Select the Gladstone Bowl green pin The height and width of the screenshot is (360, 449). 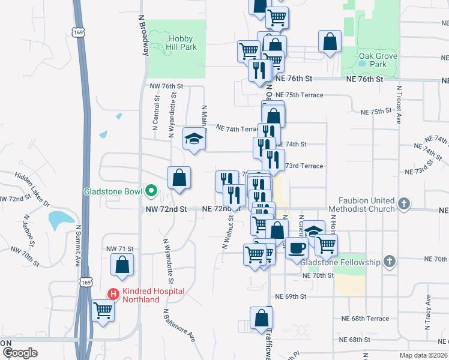[x=151, y=192]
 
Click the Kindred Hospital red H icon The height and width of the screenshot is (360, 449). [x=112, y=293]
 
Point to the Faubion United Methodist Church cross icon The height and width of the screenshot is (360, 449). [x=404, y=204]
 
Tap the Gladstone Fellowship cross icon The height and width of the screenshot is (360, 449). [x=390, y=262]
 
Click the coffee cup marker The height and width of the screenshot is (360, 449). [x=297, y=247]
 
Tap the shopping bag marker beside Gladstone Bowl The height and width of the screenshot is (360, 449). [x=179, y=178]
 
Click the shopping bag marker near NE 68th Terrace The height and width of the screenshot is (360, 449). [x=262, y=319]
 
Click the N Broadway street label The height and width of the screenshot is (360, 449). [x=143, y=36]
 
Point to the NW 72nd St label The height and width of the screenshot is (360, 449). [x=167, y=209]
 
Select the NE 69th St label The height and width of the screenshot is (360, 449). [x=291, y=296]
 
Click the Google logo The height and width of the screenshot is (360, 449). [x=19, y=353]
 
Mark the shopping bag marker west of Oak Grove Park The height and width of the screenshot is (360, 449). [x=330, y=42]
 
